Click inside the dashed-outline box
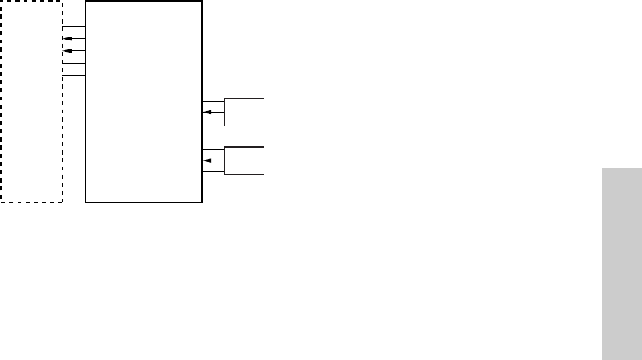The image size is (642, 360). (x=31, y=114)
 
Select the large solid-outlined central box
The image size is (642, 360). (x=143, y=114)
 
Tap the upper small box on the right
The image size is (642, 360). (x=244, y=112)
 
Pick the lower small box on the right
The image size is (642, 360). (x=244, y=161)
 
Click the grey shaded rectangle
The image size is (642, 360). (x=621, y=263)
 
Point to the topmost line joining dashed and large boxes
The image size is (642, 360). (x=74, y=14)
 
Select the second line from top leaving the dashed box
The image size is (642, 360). (x=74, y=26)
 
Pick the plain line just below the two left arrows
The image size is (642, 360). (x=74, y=62)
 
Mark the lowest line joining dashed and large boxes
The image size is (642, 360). (x=74, y=75)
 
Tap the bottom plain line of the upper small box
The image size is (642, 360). (x=213, y=123)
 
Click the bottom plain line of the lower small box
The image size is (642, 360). (x=213, y=171)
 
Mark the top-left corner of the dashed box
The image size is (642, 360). (x=2, y=2)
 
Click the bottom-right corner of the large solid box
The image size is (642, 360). (x=202, y=202)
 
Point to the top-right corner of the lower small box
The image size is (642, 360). (x=264, y=147)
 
